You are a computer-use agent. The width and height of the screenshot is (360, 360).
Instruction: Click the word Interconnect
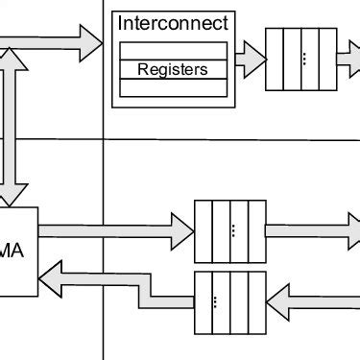173,22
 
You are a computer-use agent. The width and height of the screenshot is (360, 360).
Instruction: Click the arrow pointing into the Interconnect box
58,39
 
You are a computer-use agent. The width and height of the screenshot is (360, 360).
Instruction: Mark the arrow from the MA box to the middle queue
115,229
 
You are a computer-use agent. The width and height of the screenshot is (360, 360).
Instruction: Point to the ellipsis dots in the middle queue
231,229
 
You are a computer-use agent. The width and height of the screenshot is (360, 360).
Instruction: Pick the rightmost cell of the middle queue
256,229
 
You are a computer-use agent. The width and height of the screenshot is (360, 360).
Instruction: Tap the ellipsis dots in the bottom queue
216,301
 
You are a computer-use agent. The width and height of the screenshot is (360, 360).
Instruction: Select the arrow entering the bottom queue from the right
312,301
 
